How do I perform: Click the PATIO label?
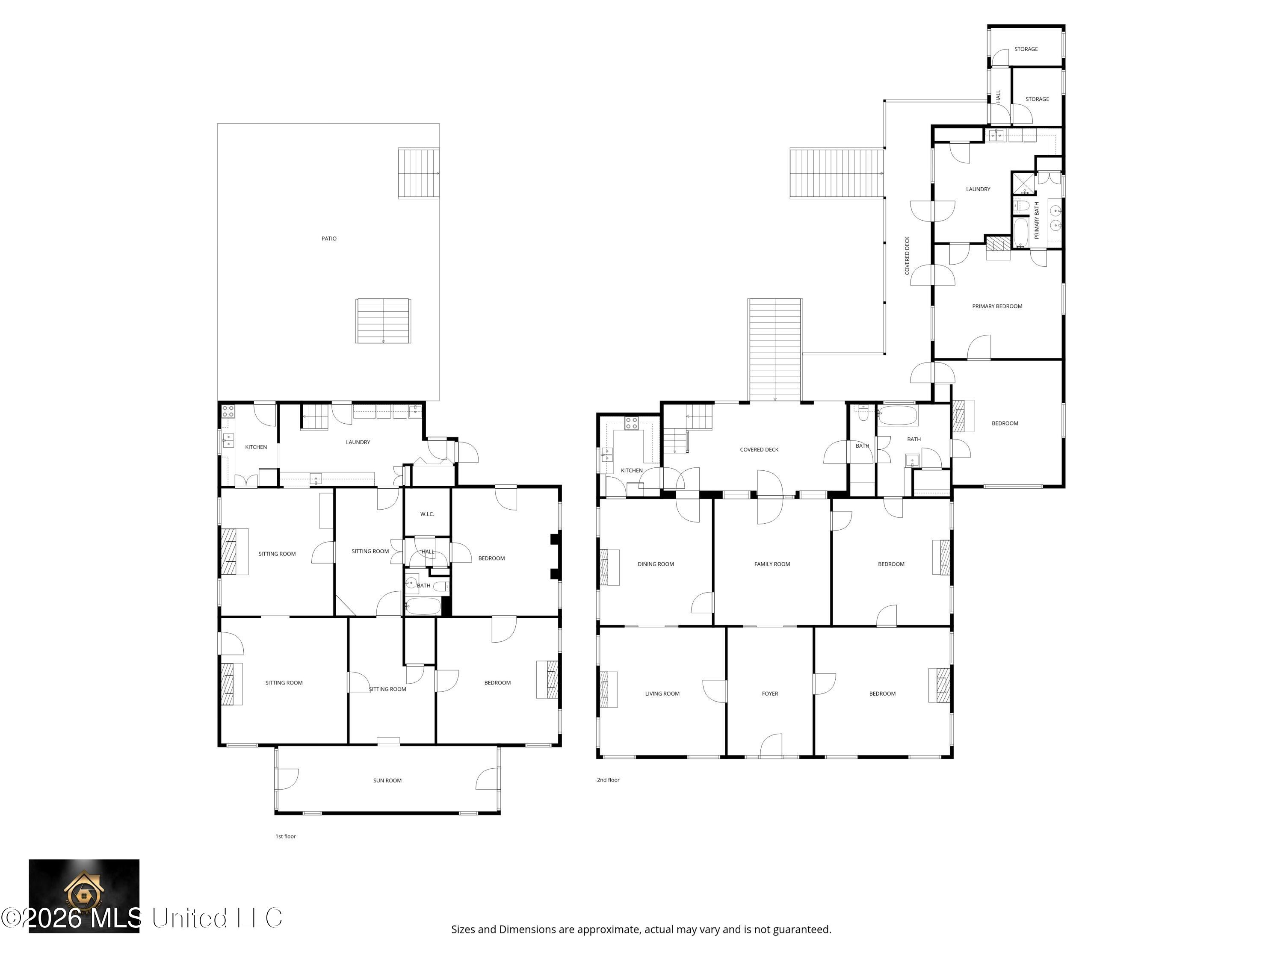(329, 238)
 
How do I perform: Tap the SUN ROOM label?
(387, 780)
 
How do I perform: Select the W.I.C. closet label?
(427, 514)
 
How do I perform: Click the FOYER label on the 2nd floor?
(770, 693)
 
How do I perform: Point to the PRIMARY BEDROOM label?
(997, 306)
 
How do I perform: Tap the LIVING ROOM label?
(662, 693)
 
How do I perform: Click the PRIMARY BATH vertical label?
(1037, 220)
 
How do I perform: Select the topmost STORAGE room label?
(1026, 49)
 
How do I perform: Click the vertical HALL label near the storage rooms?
(998, 96)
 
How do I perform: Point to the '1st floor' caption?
(285, 836)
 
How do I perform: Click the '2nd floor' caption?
(608, 780)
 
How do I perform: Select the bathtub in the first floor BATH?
(423, 607)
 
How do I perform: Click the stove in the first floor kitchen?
(228, 412)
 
